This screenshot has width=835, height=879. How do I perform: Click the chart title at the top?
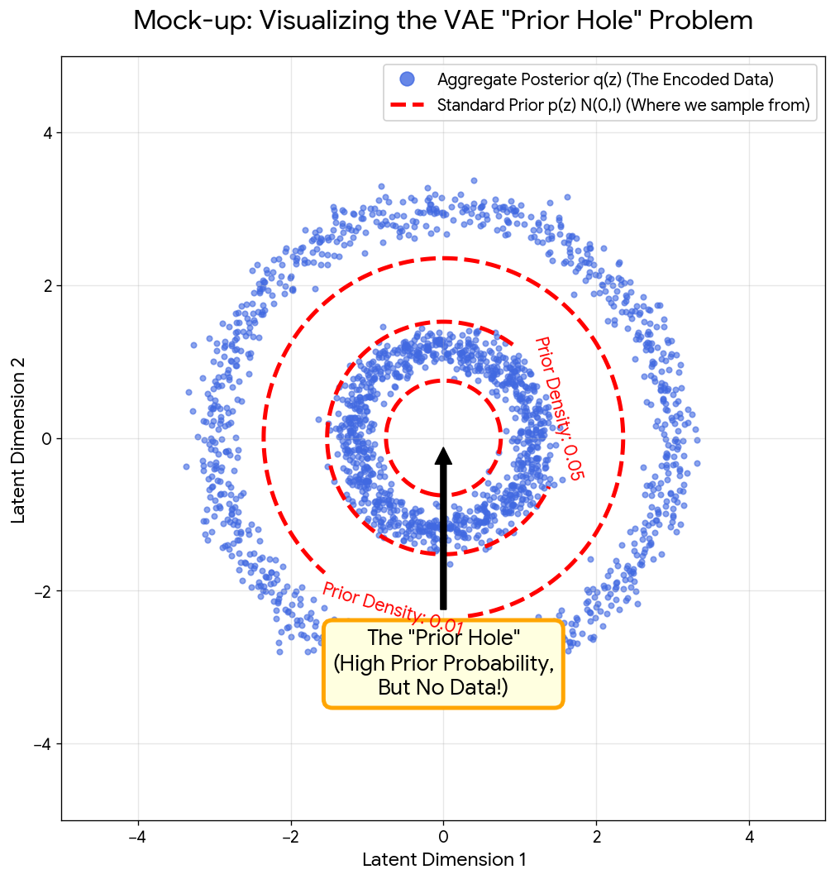(443, 21)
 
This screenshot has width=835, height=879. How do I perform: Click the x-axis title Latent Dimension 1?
(443, 860)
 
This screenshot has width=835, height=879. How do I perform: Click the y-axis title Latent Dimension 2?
(19, 438)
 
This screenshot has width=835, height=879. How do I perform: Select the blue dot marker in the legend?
(407, 79)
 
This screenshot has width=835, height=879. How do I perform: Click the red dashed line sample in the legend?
(407, 105)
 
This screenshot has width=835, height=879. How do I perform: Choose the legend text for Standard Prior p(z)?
(623, 105)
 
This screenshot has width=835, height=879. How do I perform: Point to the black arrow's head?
(444, 456)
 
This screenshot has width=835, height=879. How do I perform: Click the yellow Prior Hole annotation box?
(443, 663)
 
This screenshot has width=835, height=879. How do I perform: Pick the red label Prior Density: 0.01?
(393, 608)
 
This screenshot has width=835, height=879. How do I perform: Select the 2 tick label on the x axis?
(596, 837)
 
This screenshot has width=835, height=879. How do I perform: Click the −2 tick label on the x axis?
(290, 837)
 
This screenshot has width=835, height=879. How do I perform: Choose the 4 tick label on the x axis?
(749, 837)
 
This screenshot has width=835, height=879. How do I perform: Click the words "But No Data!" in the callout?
(443, 687)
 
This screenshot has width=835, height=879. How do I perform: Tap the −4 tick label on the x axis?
(137, 837)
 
